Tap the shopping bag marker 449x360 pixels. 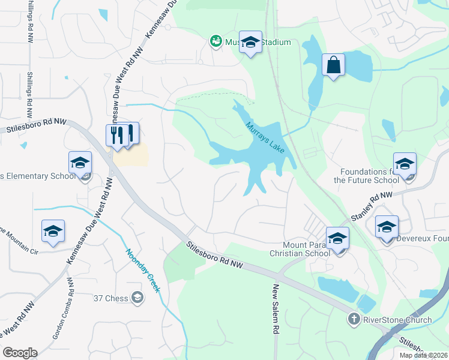pyautogui.click(x=333, y=65)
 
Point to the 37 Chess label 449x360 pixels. pyautogui.click(x=111, y=297)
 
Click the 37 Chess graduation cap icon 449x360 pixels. pyautogui.click(x=137, y=297)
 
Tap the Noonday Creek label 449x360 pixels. pyautogui.click(x=143, y=271)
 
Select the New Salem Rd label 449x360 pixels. pyautogui.click(x=277, y=308)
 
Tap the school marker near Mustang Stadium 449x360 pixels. pyautogui.click(x=251, y=43)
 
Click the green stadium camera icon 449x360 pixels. pyautogui.click(x=215, y=42)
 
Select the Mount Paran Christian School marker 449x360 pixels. pyautogui.click(x=337, y=239)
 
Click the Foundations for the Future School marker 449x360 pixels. pyautogui.click(x=405, y=164)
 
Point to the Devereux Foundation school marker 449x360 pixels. pyautogui.click(x=387, y=227)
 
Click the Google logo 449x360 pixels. pyautogui.click(x=20, y=353)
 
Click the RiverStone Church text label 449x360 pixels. pyautogui.click(x=397, y=320)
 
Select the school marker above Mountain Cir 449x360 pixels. pyautogui.click(x=53, y=231)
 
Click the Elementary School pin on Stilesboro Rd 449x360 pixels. pyautogui.click(x=80, y=163)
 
